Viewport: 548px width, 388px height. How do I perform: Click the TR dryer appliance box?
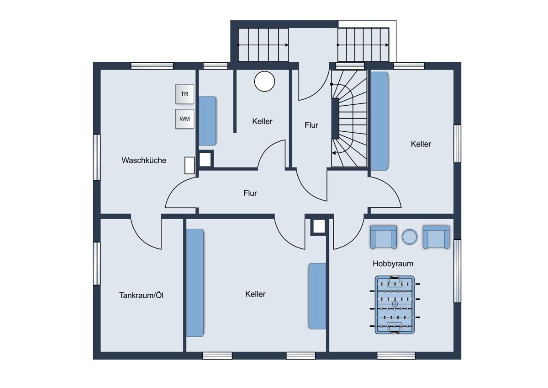coord(184,94)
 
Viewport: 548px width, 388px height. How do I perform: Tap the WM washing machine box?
coord(184,119)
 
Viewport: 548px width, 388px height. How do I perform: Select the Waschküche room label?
coord(144,160)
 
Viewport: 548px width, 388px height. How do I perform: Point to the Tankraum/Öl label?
coord(141,295)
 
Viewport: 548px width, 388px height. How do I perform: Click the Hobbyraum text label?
coord(393,264)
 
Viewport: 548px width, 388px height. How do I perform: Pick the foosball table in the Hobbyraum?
coord(395,305)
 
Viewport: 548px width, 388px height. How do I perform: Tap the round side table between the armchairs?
coord(410,237)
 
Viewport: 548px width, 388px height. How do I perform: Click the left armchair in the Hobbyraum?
coord(383,237)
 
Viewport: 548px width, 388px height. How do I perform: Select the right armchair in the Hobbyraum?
coord(436,237)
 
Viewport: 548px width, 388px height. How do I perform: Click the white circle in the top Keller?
coord(264,81)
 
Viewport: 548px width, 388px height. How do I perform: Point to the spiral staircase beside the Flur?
coord(349,119)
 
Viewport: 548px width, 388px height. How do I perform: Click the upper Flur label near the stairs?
coord(311,125)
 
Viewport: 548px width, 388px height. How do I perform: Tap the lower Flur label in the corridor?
coord(250,193)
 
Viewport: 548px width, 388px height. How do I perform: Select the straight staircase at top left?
coord(263,45)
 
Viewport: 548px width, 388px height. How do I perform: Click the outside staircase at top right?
coord(364,45)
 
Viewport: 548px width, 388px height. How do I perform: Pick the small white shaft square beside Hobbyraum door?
coord(319,226)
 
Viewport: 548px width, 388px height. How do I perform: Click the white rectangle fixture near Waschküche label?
coord(190,166)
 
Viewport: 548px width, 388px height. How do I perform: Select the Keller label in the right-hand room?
coord(421,144)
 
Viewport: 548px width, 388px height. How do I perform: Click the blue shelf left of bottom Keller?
coord(195,283)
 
